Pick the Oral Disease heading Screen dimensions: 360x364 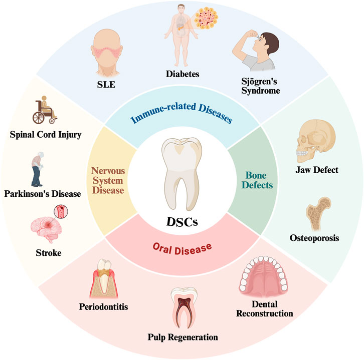tap(181, 245)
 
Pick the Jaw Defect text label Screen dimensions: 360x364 tap(317, 170)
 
